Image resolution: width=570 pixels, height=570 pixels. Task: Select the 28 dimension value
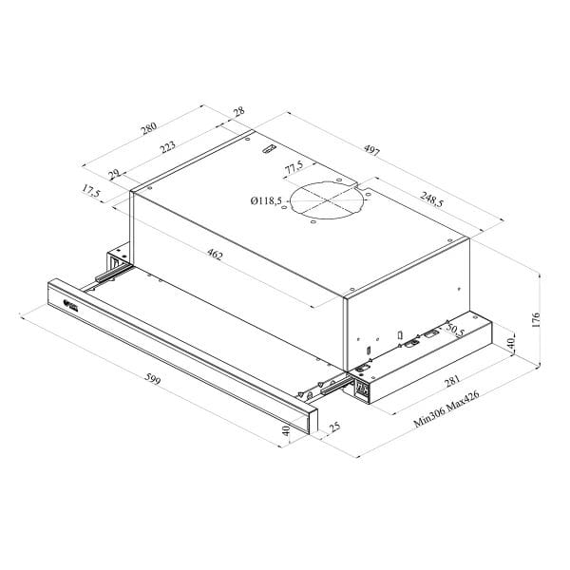(237, 112)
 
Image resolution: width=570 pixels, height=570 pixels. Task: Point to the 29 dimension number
(115, 174)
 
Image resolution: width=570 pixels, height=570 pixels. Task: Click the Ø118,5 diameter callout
(266, 200)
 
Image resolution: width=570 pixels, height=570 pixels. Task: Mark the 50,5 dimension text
(454, 331)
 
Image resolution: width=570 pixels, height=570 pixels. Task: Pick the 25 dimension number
(333, 430)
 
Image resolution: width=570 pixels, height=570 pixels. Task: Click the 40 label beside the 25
(287, 431)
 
